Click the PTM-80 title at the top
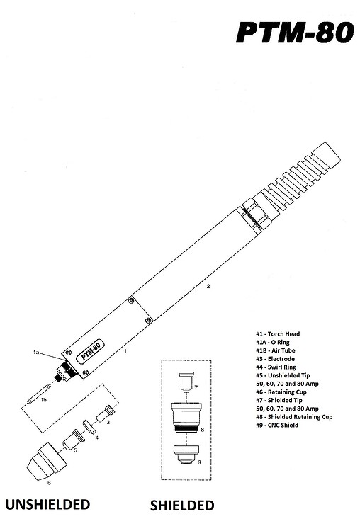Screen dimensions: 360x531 pyautogui.click(x=295, y=33)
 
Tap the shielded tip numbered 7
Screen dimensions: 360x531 pyautogui.click(x=186, y=382)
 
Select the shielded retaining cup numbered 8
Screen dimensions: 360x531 pyautogui.click(x=186, y=417)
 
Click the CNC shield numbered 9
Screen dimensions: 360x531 pyautogui.click(x=186, y=455)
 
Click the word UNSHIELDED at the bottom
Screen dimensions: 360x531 pyautogui.click(x=47, y=504)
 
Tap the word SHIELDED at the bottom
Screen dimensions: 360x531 pyautogui.click(x=182, y=506)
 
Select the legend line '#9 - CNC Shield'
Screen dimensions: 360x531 pyautogui.click(x=277, y=425)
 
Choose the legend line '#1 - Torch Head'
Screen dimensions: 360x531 pyautogui.click(x=278, y=334)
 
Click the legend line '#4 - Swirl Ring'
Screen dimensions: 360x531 pyautogui.click(x=276, y=367)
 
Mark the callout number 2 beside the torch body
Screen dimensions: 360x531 pyautogui.click(x=208, y=286)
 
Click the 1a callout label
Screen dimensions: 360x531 pyautogui.click(x=36, y=353)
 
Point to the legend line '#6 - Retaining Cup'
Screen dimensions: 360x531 pyautogui.click(x=281, y=392)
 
